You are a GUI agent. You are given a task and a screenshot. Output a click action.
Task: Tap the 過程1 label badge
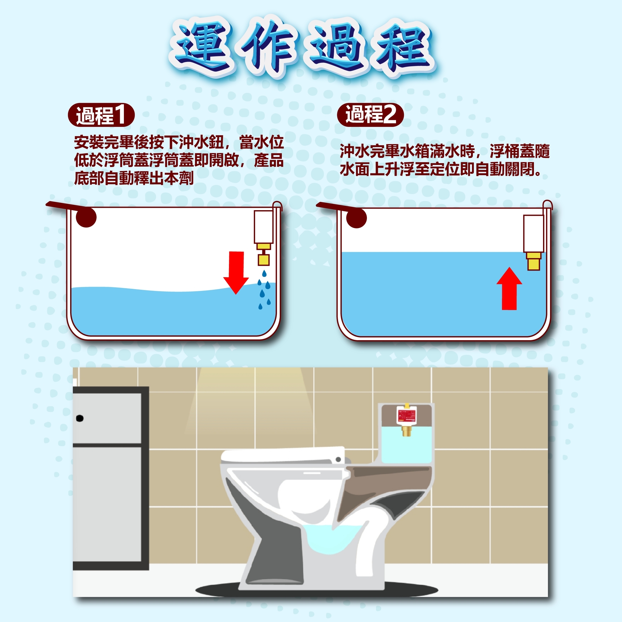[x=101, y=115]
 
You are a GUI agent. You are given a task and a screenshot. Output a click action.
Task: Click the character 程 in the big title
[x=404, y=48]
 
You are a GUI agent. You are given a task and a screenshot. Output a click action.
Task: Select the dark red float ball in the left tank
[x=86, y=217]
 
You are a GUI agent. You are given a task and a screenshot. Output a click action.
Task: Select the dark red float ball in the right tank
[x=356, y=218]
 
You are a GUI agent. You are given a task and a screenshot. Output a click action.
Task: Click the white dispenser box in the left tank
[x=263, y=227]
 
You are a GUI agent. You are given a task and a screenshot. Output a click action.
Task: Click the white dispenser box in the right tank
[x=533, y=234]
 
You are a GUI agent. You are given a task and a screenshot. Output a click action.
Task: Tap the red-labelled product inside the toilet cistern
[x=406, y=415]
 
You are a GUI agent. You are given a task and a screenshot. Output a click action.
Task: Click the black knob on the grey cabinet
[x=80, y=418]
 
